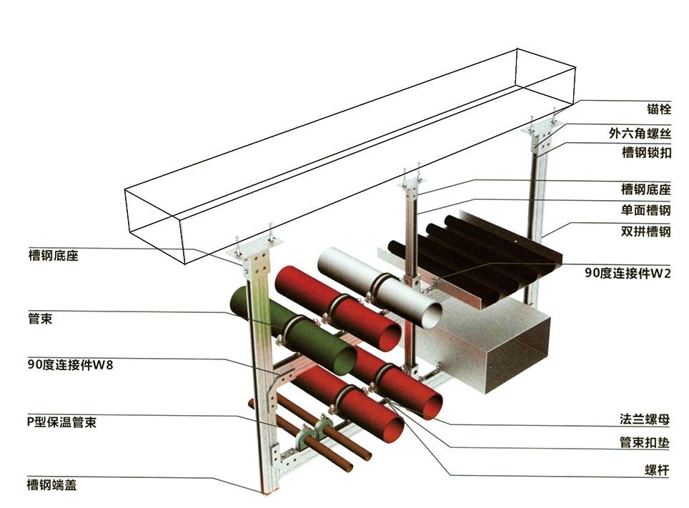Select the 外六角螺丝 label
[640, 133]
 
